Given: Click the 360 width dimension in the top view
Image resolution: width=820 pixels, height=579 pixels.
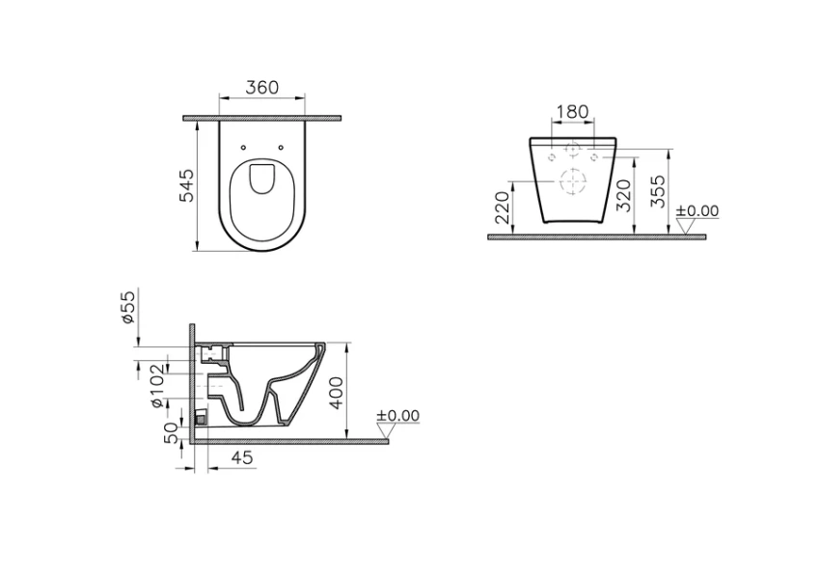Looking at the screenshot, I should point(261,88).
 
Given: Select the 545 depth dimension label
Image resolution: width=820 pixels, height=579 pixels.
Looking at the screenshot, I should point(187,185).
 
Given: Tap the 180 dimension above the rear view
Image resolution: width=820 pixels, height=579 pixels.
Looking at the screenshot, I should point(573,112).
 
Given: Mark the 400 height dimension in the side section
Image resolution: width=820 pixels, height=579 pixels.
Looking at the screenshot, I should point(336,392).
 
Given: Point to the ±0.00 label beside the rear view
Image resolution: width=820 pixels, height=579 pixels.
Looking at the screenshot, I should point(697,211).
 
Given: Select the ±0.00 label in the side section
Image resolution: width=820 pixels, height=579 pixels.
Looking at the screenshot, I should point(397,416).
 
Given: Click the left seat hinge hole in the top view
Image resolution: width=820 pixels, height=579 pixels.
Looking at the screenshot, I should point(243,148).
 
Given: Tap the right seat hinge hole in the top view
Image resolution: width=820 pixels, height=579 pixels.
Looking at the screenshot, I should point(280,148).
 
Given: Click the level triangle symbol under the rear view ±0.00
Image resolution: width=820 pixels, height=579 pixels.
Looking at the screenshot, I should point(686,227).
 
